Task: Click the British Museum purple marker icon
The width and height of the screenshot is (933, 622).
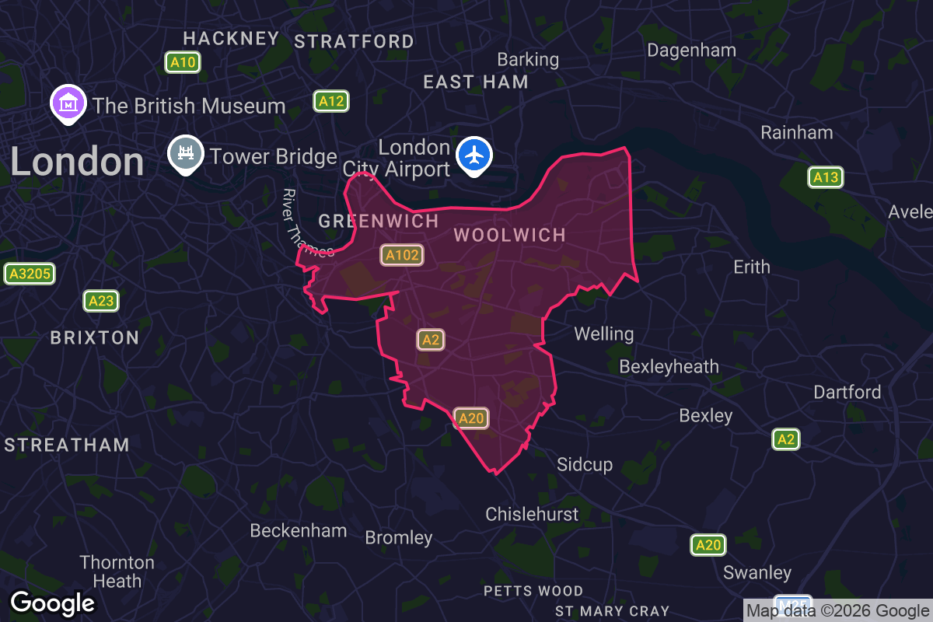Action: tap(68, 103)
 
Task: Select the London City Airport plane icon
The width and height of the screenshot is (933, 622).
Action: tap(474, 154)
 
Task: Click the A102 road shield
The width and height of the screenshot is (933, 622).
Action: tap(402, 255)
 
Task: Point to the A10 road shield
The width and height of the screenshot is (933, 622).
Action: tap(183, 63)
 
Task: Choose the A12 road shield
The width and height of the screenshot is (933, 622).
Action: tap(330, 101)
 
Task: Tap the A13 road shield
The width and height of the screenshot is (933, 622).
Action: tap(825, 177)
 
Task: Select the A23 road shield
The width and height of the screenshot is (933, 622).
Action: tap(101, 301)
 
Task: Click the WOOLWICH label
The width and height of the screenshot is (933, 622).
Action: tap(509, 236)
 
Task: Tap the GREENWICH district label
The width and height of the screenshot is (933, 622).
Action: tap(379, 221)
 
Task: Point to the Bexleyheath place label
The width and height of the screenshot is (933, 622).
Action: tap(669, 366)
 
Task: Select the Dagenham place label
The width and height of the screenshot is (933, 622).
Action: tap(691, 51)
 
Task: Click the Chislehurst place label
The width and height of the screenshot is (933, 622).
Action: tap(532, 514)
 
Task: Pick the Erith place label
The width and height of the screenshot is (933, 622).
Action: tap(752, 267)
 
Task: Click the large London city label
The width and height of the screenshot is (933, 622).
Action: tap(77, 162)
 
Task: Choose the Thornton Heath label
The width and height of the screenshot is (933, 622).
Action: tap(117, 571)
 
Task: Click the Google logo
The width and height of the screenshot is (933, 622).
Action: tap(53, 603)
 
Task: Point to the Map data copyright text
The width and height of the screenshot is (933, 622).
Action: tap(837, 610)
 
